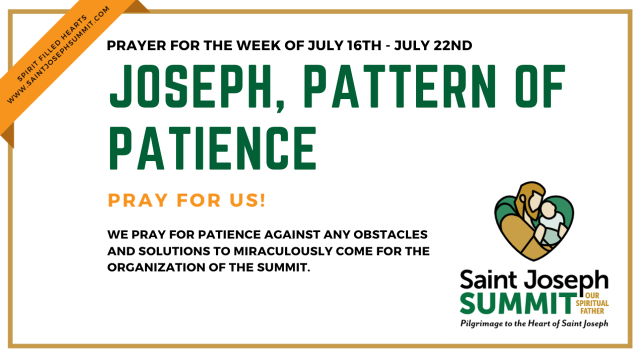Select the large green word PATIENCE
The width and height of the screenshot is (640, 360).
pyautogui.click(x=212, y=148)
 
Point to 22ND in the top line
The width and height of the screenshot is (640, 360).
pyautogui.click(x=453, y=45)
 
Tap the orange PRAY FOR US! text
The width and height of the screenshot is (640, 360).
pyautogui.click(x=187, y=200)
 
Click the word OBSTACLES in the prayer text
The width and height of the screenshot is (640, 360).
pyautogui.click(x=390, y=234)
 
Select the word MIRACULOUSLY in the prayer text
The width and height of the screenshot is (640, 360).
pyautogui.click(x=283, y=251)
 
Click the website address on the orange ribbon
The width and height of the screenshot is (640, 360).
pyautogui.click(x=58, y=54)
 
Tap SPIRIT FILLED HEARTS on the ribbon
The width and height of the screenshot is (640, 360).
pyautogui.click(x=51, y=48)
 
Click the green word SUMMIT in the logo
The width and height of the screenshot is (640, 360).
pyautogui.click(x=517, y=303)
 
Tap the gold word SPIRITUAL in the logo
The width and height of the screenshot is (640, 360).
pyautogui.click(x=592, y=303)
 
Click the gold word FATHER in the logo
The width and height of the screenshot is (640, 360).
pyautogui.click(x=592, y=311)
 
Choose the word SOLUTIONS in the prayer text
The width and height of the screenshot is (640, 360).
pyautogui.click(x=174, y=251)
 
